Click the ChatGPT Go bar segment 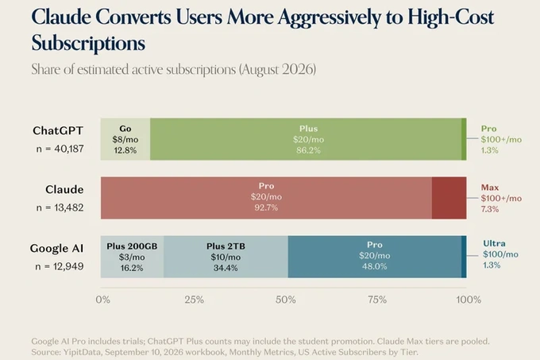pos(125,139)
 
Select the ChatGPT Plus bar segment pos(306,139)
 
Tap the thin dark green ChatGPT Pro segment pos(465,139)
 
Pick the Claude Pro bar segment pos(266,198)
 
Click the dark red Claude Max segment pos(449,198)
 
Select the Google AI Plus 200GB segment pos(132,257)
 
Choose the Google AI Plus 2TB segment pos(226,257)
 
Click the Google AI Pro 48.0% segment pos(375,257)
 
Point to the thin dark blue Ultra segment pos(464,257)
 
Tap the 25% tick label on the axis pos(195,300)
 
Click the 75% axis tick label pos(377,300)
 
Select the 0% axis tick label pos(103,300)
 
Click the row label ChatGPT pos(58,130)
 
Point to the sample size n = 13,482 pos(60,207)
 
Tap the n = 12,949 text pos(60,267)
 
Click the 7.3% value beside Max pos(490,209)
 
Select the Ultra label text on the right pos(494,243)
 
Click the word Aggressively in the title pos(330,18)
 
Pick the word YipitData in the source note pos(82,352)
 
